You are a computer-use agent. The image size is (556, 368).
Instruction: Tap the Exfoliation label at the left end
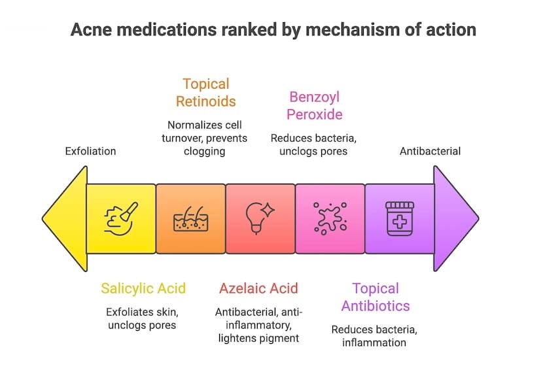click(x=90, y=151)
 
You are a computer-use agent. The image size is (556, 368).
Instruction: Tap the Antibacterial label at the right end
click(x=430, y=151)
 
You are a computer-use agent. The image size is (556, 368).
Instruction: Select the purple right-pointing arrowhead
click(x=455, y=218)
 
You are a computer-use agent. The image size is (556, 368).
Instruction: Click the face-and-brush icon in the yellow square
click(x=121, y=218)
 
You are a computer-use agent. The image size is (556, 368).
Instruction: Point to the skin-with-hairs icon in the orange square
click(x=190, y=218)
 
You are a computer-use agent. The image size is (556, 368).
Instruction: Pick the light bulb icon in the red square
click(x=260, y=218)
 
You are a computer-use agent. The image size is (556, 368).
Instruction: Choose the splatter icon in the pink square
click(x=330, y=218)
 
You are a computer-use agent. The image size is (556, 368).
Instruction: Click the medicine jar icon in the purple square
click(x=399, y=218)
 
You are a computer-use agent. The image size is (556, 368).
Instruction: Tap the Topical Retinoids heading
click(x=205, y=93)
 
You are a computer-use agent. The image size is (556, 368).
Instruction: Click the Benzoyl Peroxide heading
click(x=314, y=106)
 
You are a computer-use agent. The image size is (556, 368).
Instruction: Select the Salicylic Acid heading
click(x=143, y=288)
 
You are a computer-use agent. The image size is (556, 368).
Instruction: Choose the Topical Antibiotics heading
click(x=375, y=297)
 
